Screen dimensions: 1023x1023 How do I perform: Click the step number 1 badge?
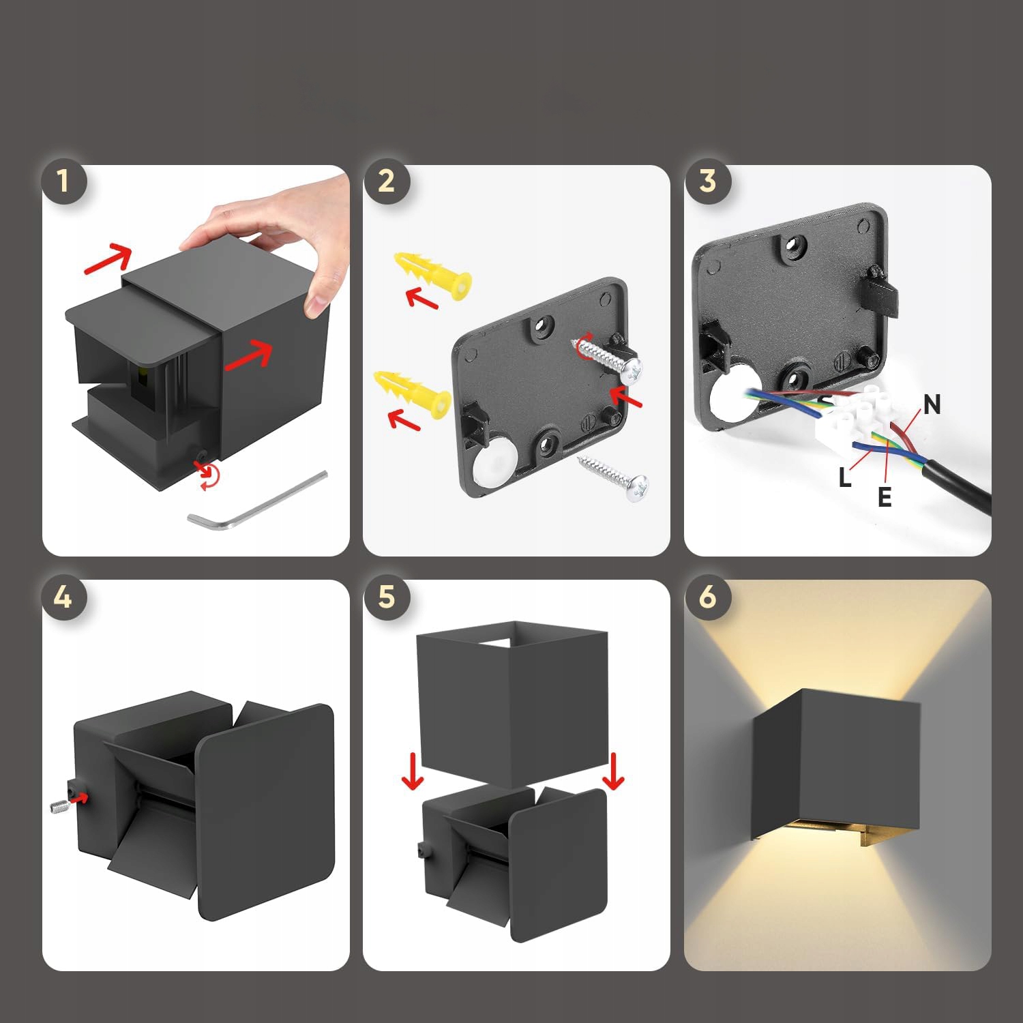[63, 181]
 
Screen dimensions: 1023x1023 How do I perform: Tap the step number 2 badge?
[386, 181]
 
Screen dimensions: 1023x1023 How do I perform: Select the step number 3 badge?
[708, 181]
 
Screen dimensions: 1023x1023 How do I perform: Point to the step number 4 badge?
[63, 597]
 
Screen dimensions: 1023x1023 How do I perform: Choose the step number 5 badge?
[386, 597]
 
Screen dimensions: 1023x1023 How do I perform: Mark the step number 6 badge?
[708, 597]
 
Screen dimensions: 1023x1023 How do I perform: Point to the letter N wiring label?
[932, 405]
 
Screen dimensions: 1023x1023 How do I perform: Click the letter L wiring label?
[845, 477]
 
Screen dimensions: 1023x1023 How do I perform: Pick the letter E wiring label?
[885, 497]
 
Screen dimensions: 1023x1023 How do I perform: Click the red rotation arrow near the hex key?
[209, 475]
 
